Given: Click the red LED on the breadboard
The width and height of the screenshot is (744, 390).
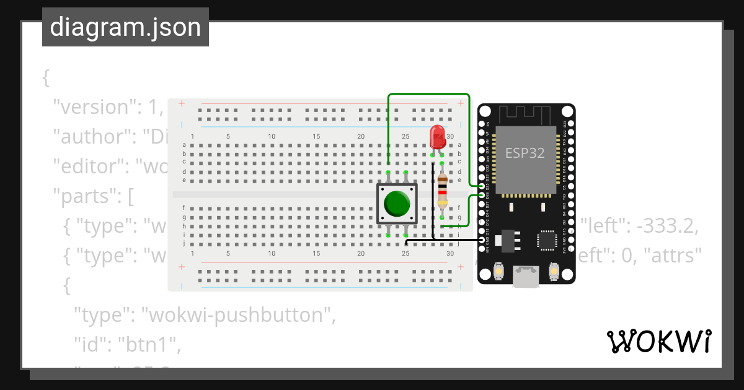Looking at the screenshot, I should pyautogui.click(x=437, y=137).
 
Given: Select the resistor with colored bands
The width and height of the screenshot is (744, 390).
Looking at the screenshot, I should pyautogui.click(x=442, y=191).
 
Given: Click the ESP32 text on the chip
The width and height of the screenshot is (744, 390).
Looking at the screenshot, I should pyautogui.click(x=525, y=153).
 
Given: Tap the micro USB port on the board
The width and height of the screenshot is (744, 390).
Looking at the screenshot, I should pyautogui.click(x=526, y=276).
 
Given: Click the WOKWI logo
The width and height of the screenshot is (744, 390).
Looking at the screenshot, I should pyautogui.click(x=658, y=341).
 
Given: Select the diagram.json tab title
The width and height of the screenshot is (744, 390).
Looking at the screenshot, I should pyautogui.click(x=125, y=27).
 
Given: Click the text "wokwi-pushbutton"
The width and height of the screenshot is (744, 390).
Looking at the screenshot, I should pyautogui.click(x=238, y=315).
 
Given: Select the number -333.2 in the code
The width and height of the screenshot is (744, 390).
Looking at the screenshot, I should pyautogui.click(x=668, y=227).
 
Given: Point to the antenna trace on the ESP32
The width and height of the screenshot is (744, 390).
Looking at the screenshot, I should pyautogui.click(x=525, y=114).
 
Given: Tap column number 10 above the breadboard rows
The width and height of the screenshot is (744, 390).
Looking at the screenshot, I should pyautogui.click(x=272, y=137).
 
